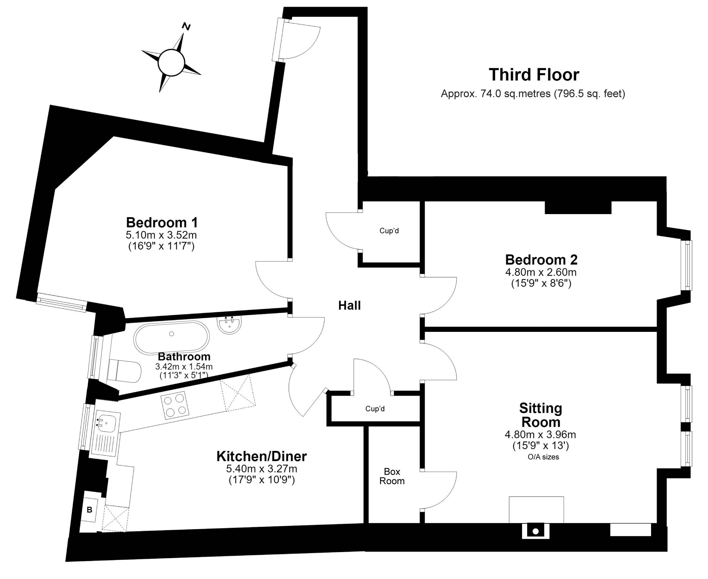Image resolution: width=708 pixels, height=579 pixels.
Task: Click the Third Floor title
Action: pyautogui.click(x=534, y=75)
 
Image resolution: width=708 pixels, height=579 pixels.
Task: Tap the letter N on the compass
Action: pyautogui.click(x=186, y=26)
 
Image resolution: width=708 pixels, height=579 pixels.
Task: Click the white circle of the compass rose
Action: pyautogui.click(x=171, y=62)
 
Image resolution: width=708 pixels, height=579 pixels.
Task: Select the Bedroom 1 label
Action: pyautogui.click(x=162, y=222)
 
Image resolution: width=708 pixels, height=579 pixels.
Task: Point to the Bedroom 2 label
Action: pyautogui.click(x=541, y=259)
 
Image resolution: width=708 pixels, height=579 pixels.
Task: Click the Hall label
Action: pyautogui.click(x=349, y=305)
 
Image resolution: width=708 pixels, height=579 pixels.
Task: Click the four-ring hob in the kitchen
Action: pyautogui.click(x=175, y=405)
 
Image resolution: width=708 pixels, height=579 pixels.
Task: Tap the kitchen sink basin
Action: pyautogui.click(x=106, y=423)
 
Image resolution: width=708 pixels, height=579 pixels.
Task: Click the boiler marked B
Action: pyautogui.click(x=89, y=510)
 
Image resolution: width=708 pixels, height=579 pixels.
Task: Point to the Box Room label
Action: pyautogui.click(x=392, y=476)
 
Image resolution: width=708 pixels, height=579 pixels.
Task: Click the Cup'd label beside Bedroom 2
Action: pyautogui.click(x=389, y=230)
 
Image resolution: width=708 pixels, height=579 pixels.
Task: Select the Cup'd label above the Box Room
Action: pyautogui.click(x=375, y=409)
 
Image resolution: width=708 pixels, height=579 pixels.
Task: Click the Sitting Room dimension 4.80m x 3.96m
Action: pyautogui.click(x=540, y=435)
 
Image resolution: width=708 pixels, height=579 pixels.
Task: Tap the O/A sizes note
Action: pyautogui.click(x=543, y=457)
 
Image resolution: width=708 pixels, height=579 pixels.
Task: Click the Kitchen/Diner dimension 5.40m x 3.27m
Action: pyautogui.click(x=262, y=469)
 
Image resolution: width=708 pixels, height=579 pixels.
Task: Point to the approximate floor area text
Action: pyautogui.click(x=533, y=94)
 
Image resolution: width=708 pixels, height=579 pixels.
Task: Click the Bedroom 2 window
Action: pyautogui.click(x=688, y=265)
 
